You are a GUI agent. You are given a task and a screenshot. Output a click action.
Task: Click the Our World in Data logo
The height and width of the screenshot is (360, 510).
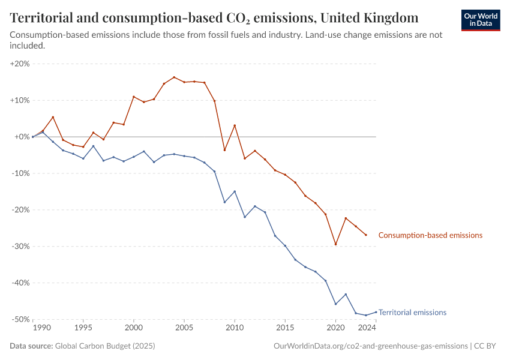pyautogui.click(x=480, y=19)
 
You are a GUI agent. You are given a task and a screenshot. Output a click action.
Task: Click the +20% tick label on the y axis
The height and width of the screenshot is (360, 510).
pyautogui.click(x=20, y=64)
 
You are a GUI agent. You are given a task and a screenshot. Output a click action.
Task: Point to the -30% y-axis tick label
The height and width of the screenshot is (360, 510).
pyautogui.click(x=20, y=247)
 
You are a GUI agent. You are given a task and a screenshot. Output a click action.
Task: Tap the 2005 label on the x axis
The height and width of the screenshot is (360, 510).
pyautogui.click(x=184, y=328)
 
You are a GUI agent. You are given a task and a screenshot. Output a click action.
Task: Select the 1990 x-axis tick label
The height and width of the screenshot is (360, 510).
pyautogui.click(x=42, y=328)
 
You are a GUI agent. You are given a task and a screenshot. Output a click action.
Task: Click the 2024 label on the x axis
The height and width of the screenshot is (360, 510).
pyautogui.click(x=367, y=328)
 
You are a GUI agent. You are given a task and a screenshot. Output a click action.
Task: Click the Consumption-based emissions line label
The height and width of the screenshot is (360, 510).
pyautogui.click(x=430, y=235)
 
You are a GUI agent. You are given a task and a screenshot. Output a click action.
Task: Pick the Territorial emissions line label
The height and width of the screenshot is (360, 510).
pyautogui.click(x=412, y=312)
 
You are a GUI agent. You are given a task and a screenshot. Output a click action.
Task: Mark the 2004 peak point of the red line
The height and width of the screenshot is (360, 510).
pyautogui.click(x=174, y=77)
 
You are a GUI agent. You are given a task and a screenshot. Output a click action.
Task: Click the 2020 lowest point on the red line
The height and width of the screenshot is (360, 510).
pyautogui.click(x=336, y=244)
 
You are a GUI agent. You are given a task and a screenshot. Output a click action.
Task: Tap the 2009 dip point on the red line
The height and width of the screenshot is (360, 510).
pyautogui.click(x=224, y=150)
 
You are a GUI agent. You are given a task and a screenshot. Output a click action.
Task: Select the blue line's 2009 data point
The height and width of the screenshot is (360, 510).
pyautogui.click(x=224, y=202)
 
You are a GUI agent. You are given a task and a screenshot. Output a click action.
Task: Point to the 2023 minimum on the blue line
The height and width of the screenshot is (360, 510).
pyautogui.click(x=366, y=315)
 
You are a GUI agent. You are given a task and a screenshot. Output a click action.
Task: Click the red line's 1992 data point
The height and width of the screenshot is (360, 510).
pyautogui.click(x=53, y=117)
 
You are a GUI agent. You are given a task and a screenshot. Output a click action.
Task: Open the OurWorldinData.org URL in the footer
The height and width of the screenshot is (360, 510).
pyautogui.click(x=370, y=346)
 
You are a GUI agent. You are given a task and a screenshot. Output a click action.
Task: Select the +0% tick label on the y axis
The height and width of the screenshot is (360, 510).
pyautogui.click(x=22, y=137)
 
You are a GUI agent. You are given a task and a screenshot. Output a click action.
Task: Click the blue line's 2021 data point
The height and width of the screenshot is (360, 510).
pyautogui.click(x=346, y=294)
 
